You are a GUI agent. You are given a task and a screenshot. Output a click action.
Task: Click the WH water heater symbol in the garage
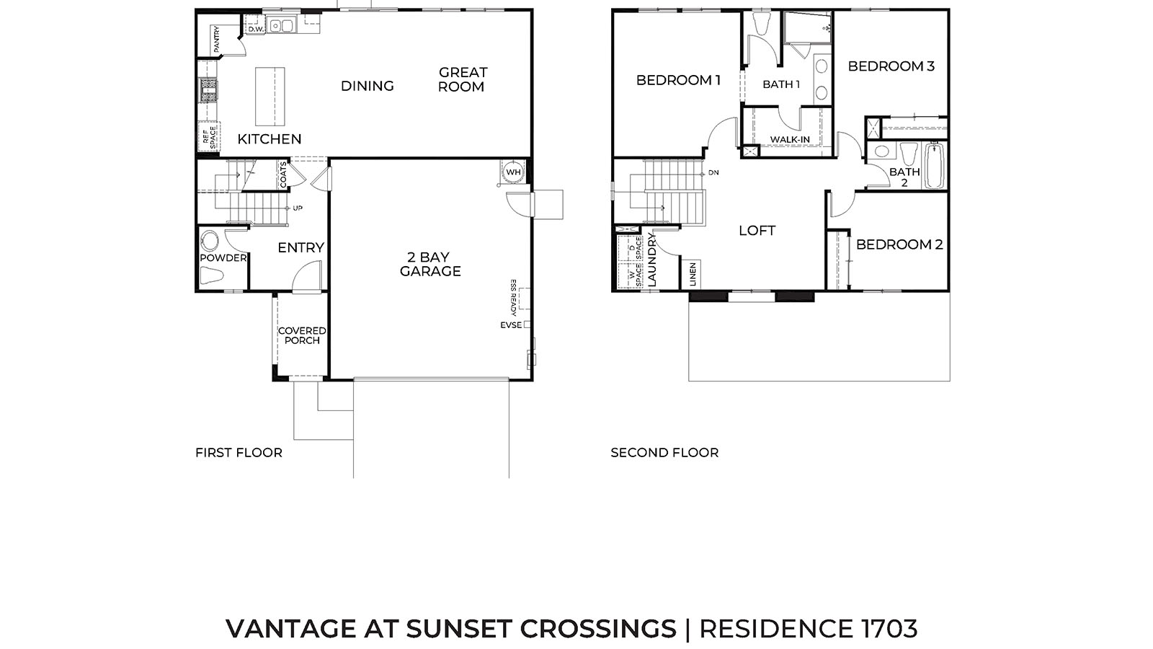tap(513, 172)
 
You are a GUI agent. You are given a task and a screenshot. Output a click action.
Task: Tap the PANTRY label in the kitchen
tap(215, 39)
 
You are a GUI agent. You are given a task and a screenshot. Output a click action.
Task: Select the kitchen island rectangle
tap(270, 97)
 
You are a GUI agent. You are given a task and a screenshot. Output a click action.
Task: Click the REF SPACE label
tap(209, 138)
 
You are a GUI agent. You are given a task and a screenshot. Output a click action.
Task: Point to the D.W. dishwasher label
tap(255, 30)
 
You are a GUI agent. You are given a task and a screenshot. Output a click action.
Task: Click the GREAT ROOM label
tap(463, 79)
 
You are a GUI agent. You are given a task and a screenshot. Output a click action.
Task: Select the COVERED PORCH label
tap(302, 335)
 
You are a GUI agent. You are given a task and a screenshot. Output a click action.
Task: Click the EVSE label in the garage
tap(511, 325)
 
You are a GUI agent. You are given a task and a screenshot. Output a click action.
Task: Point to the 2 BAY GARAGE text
tap(430, 265)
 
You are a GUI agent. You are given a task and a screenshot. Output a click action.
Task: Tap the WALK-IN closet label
tap(790, 139)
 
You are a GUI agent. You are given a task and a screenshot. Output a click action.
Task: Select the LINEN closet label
tap(693, 274)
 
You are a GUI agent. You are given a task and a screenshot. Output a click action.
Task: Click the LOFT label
tap(757, 231)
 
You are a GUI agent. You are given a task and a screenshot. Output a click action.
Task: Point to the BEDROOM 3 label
tap(891, 66)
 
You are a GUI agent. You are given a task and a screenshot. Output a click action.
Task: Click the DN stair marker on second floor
tap(713, 173)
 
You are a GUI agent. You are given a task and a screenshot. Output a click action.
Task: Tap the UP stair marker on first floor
tap(298, 208)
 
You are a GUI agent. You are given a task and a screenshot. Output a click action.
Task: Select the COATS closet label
tap(283, 175)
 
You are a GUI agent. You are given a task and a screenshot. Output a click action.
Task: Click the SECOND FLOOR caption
tap(664, 453)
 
